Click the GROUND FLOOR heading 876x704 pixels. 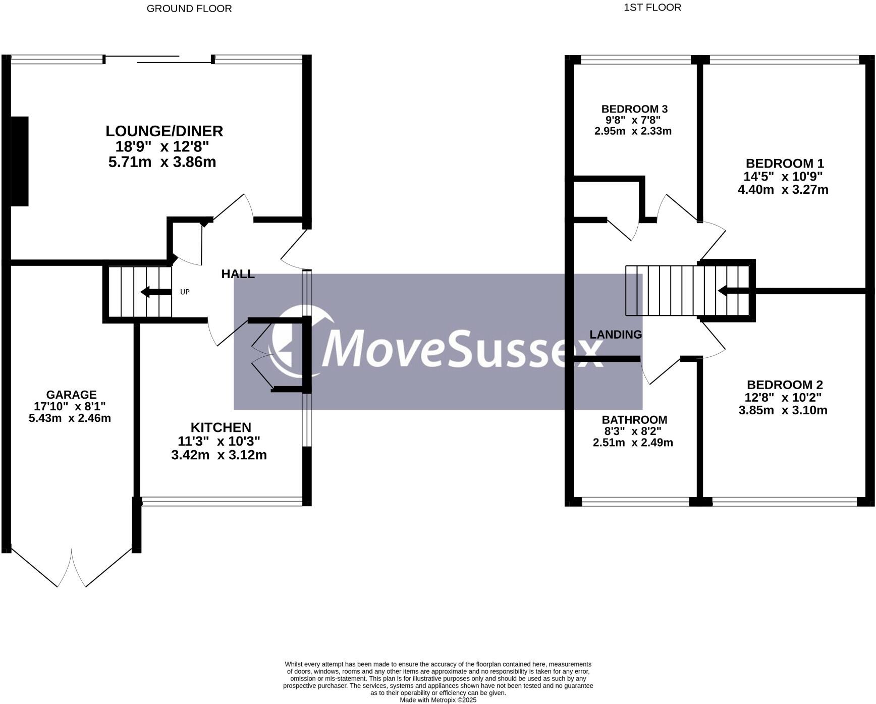pos(189,9)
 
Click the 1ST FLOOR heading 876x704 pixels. pos(652,8)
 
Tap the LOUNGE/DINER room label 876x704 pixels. pos(164,131)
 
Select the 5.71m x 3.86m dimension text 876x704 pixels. pos(162,162)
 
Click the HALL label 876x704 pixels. pos(238,274)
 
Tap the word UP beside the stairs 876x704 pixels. pos(185,292)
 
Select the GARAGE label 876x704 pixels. pos(71,395)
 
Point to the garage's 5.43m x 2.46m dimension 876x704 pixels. pos(70,418)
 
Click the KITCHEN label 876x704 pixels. pos(221,427)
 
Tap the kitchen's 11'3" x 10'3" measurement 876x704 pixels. pos(219,441)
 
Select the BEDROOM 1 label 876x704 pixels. pos(785,164)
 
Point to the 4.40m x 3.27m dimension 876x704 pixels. pos(783,190)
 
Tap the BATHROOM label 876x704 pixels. pos(634,420)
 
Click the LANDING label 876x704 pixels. pos(616,334)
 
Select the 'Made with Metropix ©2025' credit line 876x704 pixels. pos(438,700)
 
